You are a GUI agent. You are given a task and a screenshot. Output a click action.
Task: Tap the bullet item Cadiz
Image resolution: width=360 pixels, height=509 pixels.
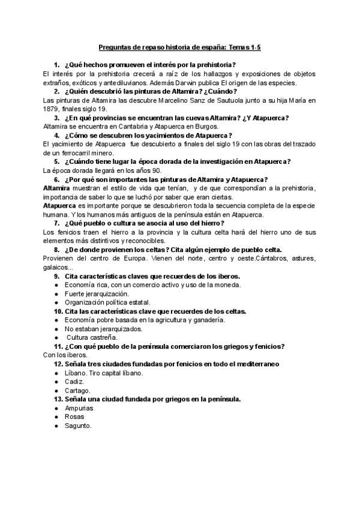point(74,381)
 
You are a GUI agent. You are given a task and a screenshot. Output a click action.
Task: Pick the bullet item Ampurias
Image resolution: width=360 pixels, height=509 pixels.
point(79,408)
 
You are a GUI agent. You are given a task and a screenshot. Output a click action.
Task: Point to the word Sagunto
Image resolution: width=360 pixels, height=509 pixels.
point(78,425)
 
